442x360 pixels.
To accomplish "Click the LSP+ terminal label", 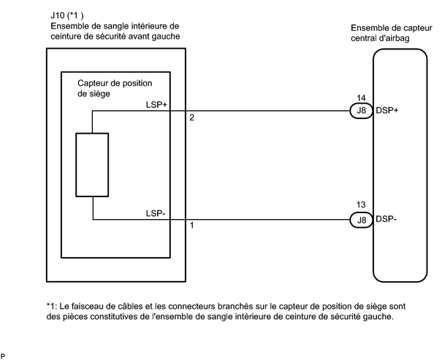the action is [x=156, y=105].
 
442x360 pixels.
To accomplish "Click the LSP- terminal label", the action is [x=156, y=213].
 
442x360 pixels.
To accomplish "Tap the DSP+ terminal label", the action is [x=387, y=110].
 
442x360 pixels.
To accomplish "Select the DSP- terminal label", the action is [x=386, y=219].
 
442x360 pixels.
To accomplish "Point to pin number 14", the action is [x=361, y=98].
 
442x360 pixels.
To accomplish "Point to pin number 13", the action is [x=361, y=204].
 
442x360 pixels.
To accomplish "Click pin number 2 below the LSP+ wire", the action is [x=191, y=118].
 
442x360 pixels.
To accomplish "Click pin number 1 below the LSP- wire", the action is [x=191, y=225].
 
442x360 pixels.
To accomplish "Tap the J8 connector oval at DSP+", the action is [x=362, y=111].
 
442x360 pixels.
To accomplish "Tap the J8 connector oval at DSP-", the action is [x=362, y=220].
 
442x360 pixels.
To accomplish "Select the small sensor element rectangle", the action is [x=92, y=164].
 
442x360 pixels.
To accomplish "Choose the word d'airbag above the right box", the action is [x=395, y=38].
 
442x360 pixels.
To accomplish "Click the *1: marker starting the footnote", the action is [x=52, y=306].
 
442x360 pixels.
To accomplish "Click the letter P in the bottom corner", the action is [x=3, y=356].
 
